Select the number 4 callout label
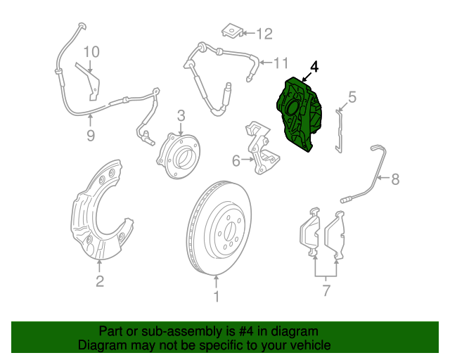coord(314,67)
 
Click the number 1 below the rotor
coord(217,297)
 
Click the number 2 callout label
coord(100,282)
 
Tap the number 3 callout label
coord(181,115)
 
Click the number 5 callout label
coord(352,97)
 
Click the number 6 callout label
coord(236,161)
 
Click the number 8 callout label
coord(395,179)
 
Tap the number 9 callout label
coord(90,136)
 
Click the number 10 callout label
coord(92,51)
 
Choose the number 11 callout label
coord(281,64)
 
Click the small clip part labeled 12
coord(231,31)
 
